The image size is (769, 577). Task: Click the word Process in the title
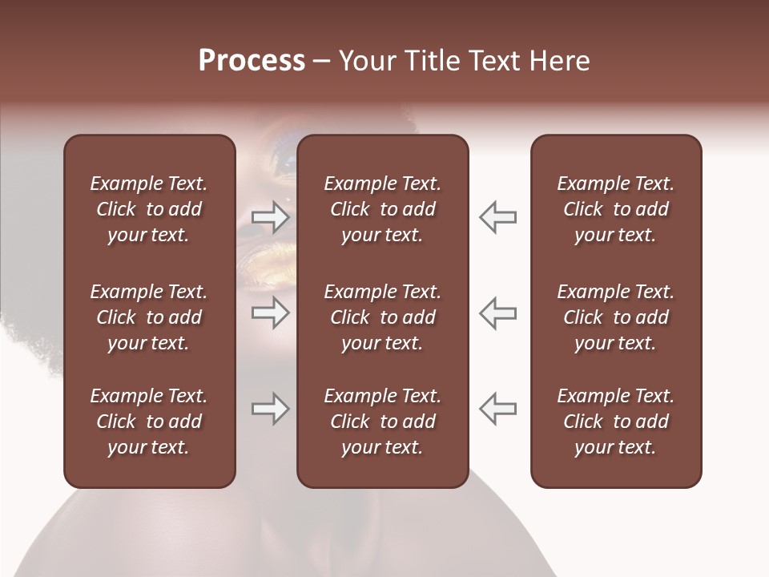click(x=252, y=61)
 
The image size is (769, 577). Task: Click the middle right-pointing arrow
click(x=271, y=313)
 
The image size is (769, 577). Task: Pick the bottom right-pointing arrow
click(x=271, y=409)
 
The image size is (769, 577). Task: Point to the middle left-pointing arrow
click(x=497, y=313)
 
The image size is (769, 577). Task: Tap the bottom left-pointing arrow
click(x=497, y=409)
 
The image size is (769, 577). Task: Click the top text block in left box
click(x=149, y=209)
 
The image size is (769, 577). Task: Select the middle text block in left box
click(x=149, y=317)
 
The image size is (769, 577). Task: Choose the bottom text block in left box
click(x=149, y=422)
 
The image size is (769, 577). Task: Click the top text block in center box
click(x=382, y=209)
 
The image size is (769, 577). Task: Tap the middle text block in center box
click(x=382, y=317)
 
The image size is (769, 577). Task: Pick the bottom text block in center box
click(x=382, y=422)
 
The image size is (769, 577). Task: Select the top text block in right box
click(x=616, y=209)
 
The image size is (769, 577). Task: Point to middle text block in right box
click(x=616, y=317)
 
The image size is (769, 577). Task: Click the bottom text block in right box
click(x=616, y=422)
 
